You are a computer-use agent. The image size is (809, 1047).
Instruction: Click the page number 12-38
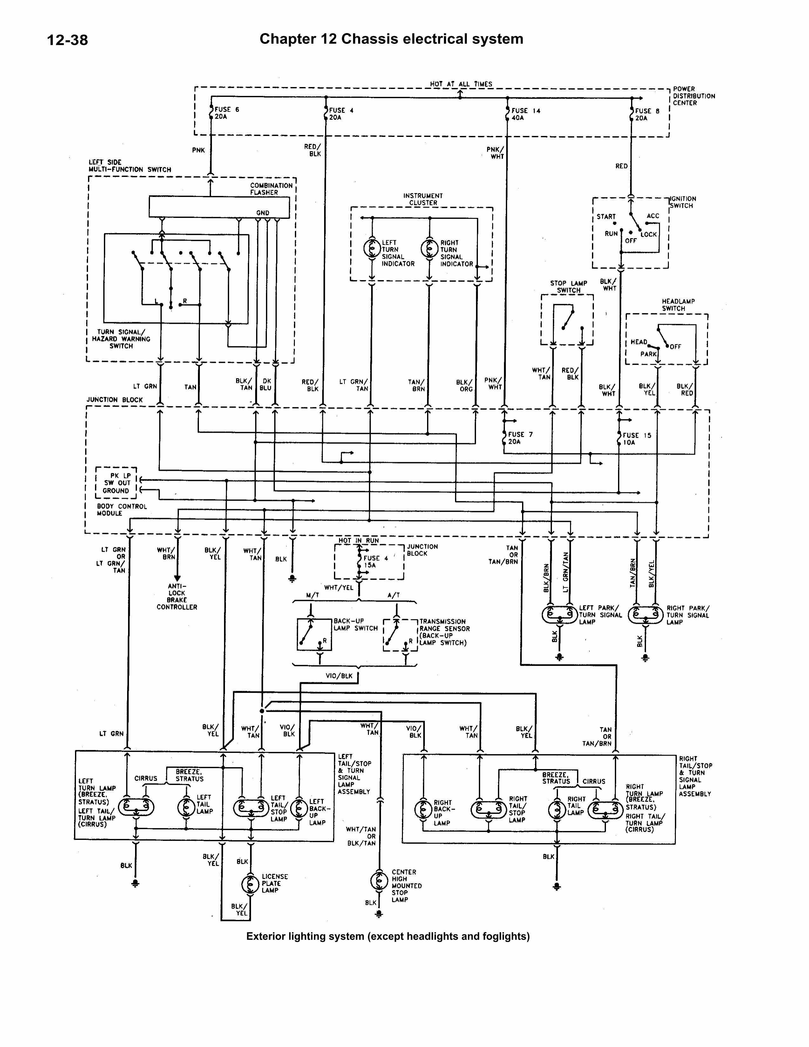[x=67, y=39]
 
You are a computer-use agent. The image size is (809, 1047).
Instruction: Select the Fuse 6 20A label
[x=226, y=113]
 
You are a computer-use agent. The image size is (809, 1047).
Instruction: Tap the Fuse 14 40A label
[x=526, y=114]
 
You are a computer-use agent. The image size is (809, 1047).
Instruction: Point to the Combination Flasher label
[x=271, y=189]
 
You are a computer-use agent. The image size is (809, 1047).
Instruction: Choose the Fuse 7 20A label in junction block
[x=520, y=438]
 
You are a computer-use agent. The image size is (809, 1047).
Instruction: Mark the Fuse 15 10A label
[x=636, y=439]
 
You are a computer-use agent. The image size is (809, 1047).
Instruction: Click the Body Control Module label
[x=122, y=510]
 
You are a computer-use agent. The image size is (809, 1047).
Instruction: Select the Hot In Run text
[x=359, y=541]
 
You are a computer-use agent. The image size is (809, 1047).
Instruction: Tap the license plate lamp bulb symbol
[x=250, y=883]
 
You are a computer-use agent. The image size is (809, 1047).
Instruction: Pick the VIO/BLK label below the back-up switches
[x=339, y=676]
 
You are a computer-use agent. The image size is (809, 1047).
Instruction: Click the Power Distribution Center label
[x=693, y=96]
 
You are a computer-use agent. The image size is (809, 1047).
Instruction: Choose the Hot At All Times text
[x=461, y=84]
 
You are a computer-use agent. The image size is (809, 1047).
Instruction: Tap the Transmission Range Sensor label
[x=444, y=632]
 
